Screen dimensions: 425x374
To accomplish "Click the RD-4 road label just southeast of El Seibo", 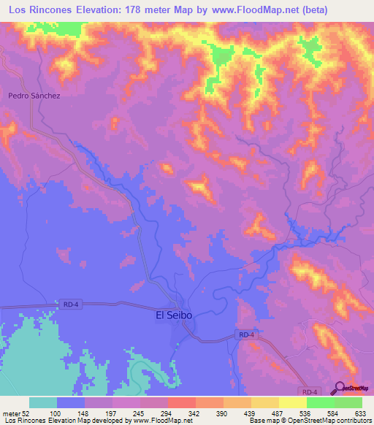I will coord(246,334).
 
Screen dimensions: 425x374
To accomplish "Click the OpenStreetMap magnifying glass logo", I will coord(340,388).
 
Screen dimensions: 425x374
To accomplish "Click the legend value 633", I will coord(360,413).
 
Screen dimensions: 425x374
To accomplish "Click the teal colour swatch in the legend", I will coord(43,402).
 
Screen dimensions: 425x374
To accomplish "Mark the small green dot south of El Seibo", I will coord(177,345).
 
